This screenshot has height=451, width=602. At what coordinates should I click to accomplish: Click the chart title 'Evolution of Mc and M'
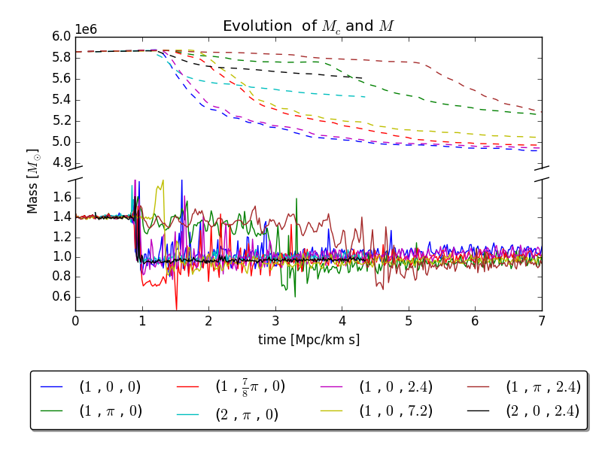tap(309, 26)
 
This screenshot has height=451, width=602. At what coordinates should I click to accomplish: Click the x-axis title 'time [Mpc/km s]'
tap(309, 340)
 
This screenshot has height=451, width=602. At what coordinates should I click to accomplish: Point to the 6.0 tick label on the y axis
tap(62, 36)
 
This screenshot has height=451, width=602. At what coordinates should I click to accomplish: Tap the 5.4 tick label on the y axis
tap(62, 99)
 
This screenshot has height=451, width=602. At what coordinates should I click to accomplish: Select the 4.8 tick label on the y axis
tap(62, 162)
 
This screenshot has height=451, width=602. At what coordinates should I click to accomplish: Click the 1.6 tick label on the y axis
tap(62, 197)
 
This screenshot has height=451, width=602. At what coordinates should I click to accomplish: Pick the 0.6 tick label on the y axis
tap(62, 296)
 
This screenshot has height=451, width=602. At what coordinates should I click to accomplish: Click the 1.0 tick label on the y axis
tap(62, 256)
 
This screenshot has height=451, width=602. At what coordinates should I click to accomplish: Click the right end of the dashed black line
tap(363, 77)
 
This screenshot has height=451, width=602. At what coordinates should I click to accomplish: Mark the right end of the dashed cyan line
tap(366, 96)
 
